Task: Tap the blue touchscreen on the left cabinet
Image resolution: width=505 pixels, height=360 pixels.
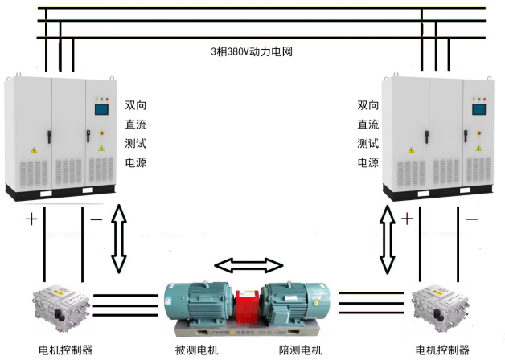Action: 102,108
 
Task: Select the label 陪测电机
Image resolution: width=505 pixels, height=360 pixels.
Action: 300,350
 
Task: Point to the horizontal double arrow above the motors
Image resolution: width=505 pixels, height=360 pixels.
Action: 248,265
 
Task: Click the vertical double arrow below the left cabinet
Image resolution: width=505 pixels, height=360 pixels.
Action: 119,238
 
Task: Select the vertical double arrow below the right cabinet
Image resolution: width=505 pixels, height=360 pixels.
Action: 388,238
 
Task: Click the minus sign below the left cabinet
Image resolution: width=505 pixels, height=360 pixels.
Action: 95,219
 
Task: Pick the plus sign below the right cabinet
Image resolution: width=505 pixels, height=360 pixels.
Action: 407,219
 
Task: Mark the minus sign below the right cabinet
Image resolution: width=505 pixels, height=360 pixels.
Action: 471,219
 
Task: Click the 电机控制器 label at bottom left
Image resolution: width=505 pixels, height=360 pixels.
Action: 66,350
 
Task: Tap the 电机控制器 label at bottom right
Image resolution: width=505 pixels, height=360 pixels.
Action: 442,350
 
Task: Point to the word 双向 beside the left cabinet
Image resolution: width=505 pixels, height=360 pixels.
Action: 136,105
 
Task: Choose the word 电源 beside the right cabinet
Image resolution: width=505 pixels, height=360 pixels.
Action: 368,163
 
